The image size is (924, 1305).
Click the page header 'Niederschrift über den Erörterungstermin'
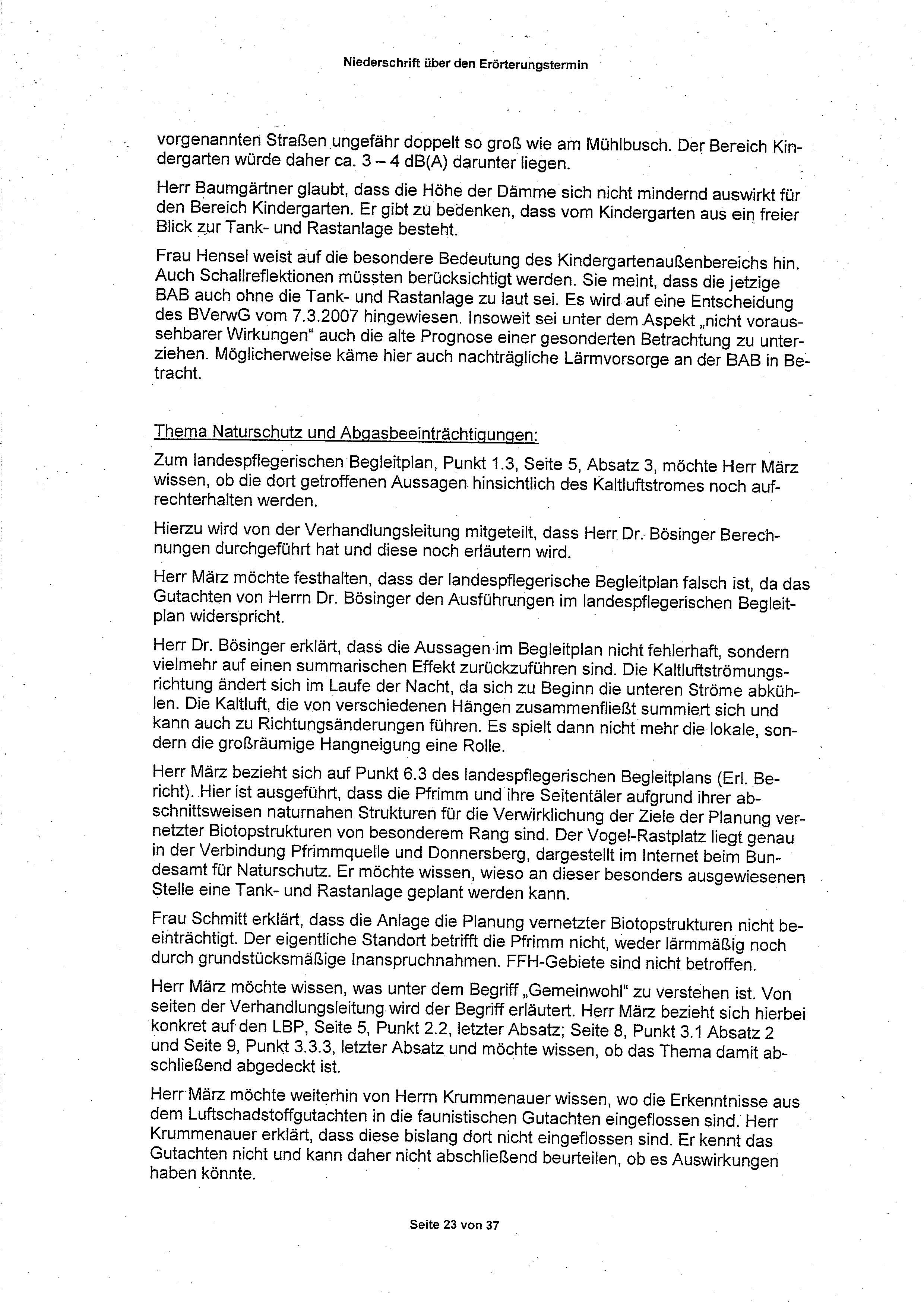(x=465, y=64)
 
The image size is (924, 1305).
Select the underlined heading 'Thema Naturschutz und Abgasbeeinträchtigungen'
(x=345, y=433)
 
